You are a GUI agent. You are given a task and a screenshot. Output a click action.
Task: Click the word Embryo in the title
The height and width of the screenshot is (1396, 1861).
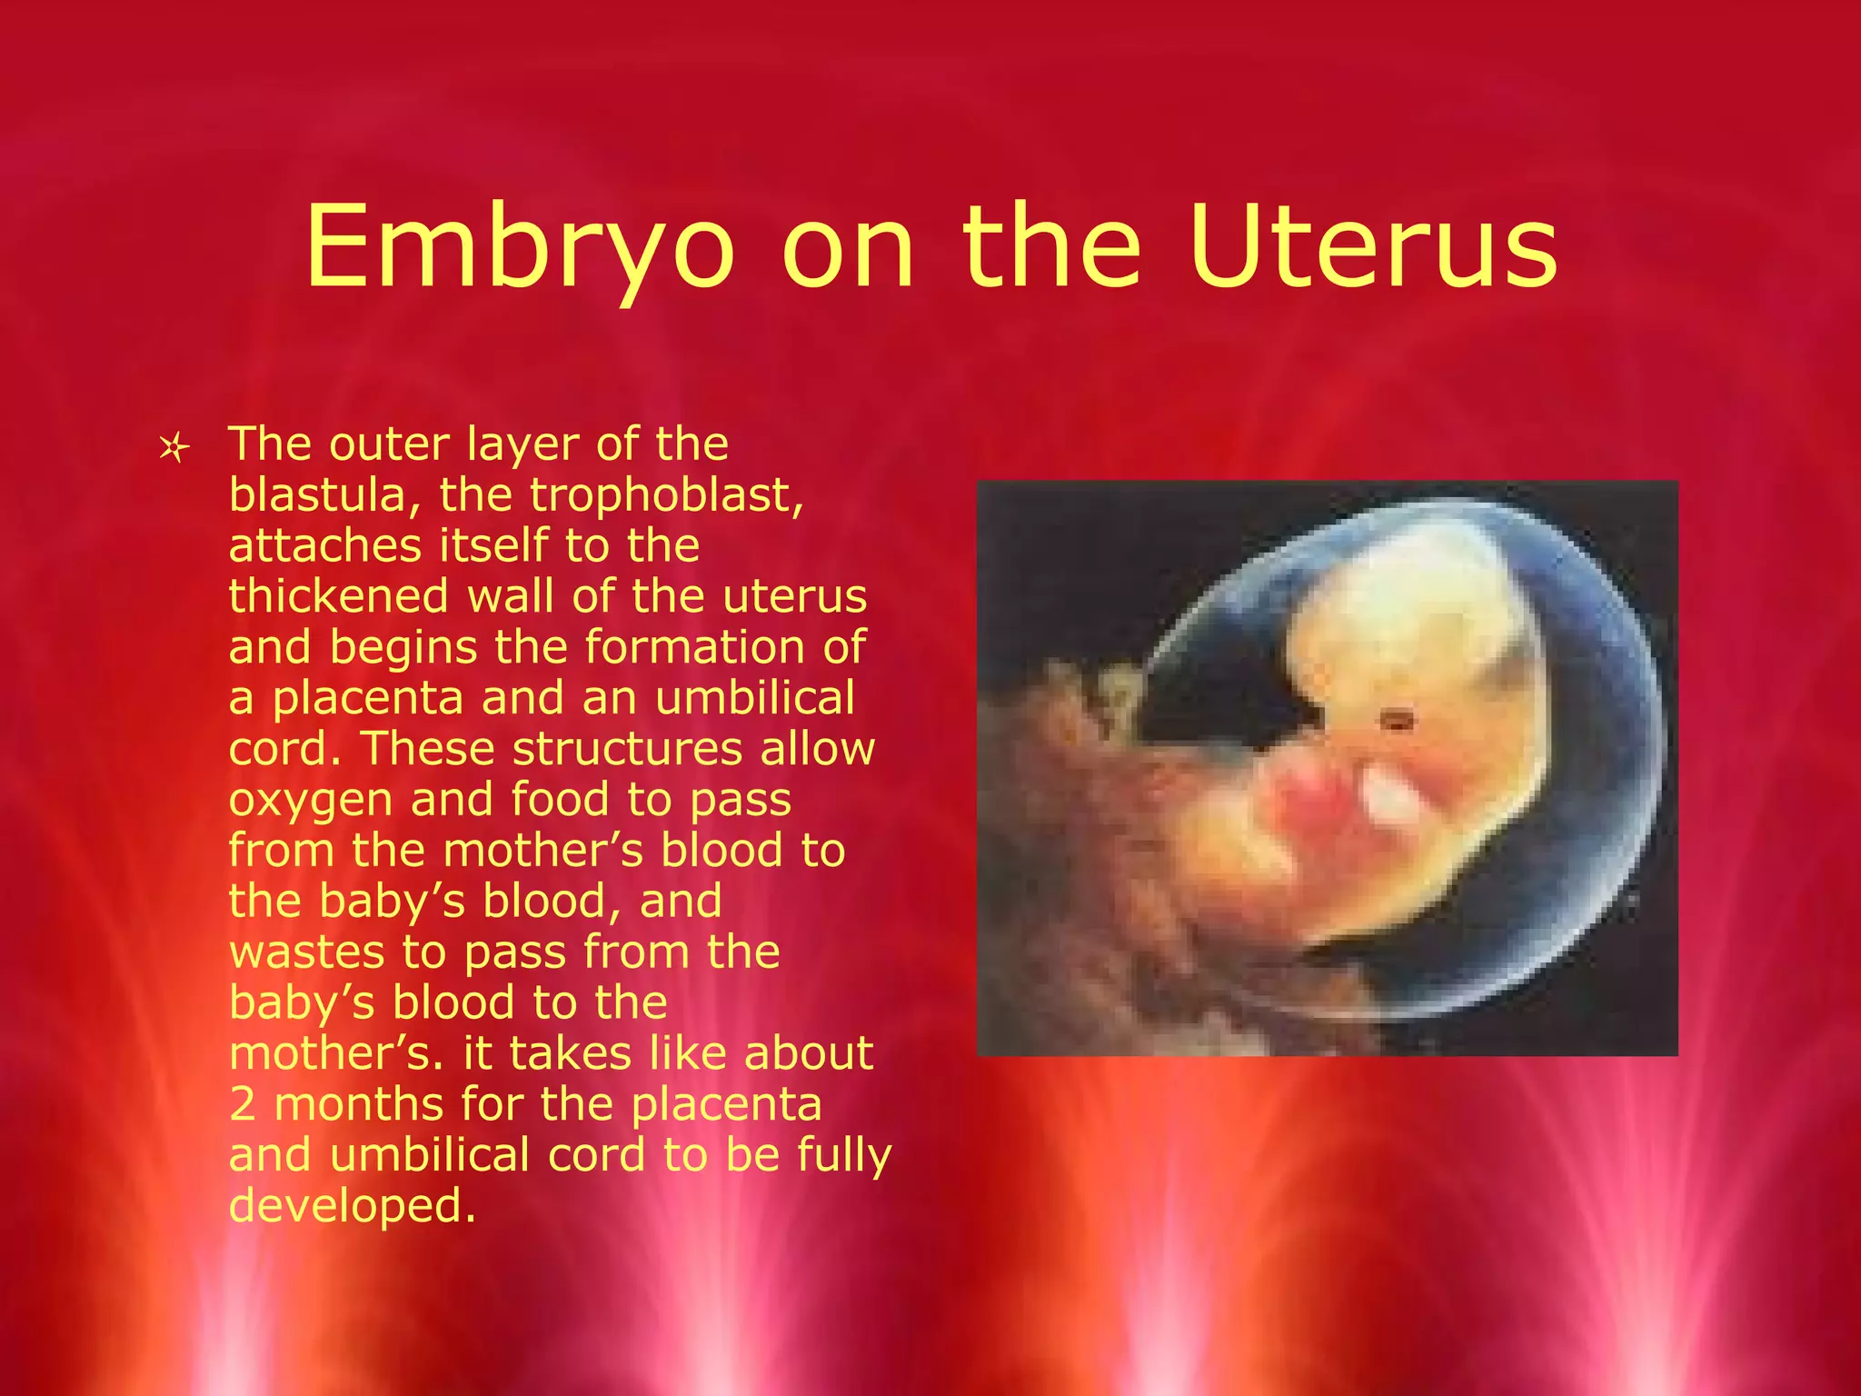point(519,248)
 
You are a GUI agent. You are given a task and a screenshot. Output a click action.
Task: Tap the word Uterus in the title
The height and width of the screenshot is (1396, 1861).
point(1373,248)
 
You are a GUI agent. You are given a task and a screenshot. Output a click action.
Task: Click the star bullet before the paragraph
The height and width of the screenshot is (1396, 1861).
point(173,448)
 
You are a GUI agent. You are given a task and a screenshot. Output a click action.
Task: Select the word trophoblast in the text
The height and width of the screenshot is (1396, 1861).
point(666,496)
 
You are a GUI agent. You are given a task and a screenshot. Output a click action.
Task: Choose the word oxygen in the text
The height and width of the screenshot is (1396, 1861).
point(310,801)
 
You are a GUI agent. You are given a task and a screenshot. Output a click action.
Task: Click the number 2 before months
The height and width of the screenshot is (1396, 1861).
point(242,1105)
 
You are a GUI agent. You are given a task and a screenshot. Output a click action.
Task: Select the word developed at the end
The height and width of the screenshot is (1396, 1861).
point(352,1207)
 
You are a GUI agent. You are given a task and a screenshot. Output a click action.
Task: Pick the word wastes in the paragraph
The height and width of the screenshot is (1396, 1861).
point(307,952)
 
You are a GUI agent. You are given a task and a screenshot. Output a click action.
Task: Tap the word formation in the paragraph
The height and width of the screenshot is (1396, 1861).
point(695,648)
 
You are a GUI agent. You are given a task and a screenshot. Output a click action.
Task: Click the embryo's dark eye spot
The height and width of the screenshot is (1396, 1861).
point(1398,723)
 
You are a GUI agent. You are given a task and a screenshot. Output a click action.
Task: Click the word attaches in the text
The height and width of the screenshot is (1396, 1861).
point(324,546)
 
